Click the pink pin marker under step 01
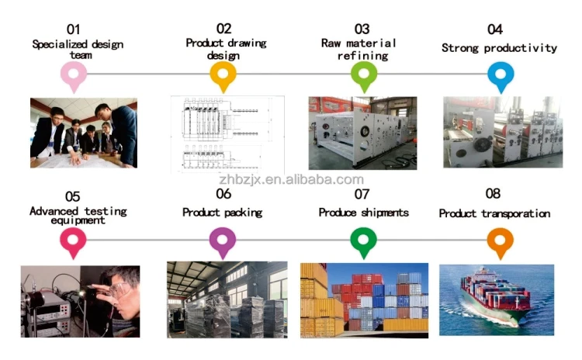pyautogui.click(x=74, y=74)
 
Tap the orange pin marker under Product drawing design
pyautogui.click(x=223, y=74)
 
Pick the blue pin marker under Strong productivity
pyautogui.click(x=501, y=74)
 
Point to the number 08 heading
pyautogui.click(x=493, y=194)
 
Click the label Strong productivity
pyautogui.click(x=499, y=48)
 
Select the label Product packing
pyautogui.click(x=222, y=212)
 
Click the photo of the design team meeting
pyautogui.click(x=84, y=133)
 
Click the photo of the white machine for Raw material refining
pyautogui.click(x=362, y=133)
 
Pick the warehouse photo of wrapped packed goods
pyautogui.click(x=227, y=299)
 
